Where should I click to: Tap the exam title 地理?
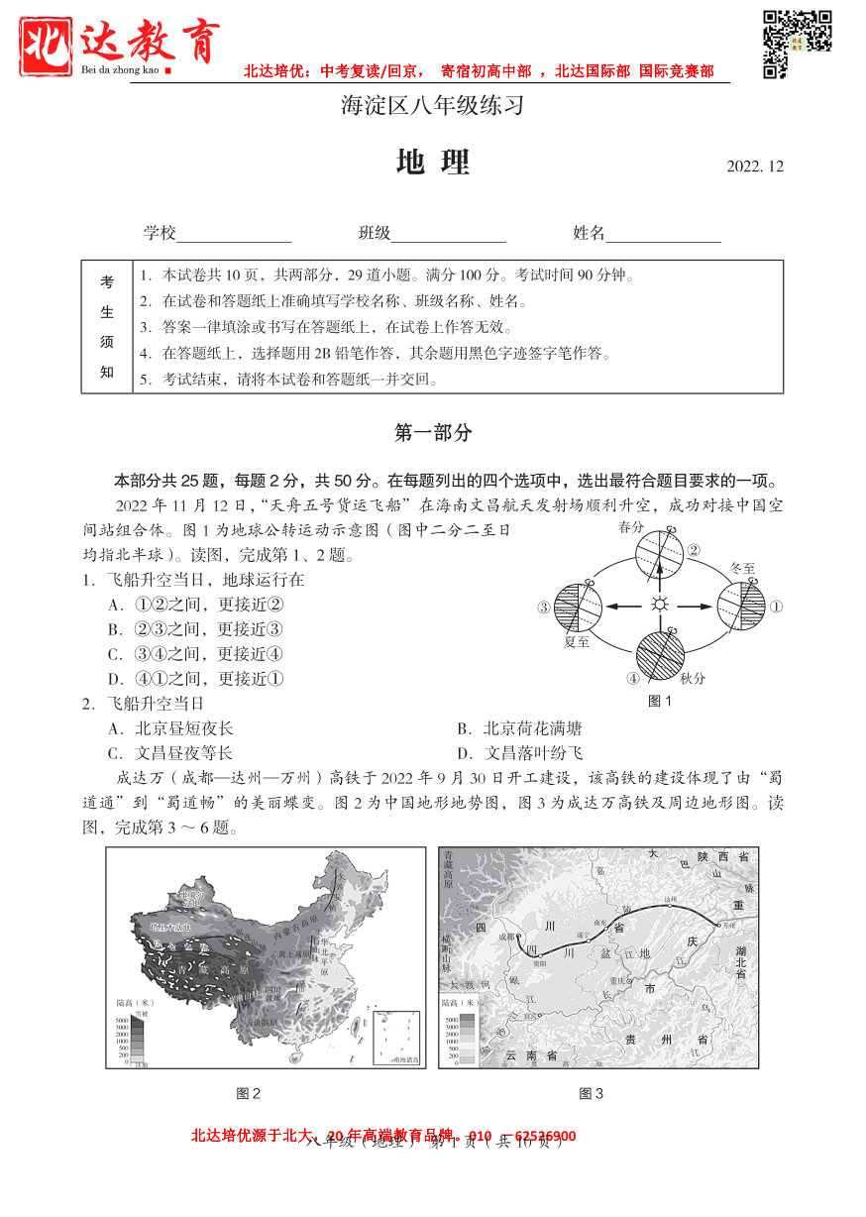coord(432,164)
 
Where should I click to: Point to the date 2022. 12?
coord(755,166)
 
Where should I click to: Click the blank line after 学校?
coord(234,235)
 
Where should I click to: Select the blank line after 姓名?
coord(663,235)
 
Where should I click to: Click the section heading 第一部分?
coord(433,432)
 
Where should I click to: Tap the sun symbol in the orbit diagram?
coord(659,606)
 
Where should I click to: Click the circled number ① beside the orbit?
coord(778,607)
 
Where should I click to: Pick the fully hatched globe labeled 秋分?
coord(659,655)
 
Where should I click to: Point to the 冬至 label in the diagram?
coord(742,569)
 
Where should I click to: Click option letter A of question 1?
coord(115,605)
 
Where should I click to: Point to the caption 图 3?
coord(591,1093)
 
